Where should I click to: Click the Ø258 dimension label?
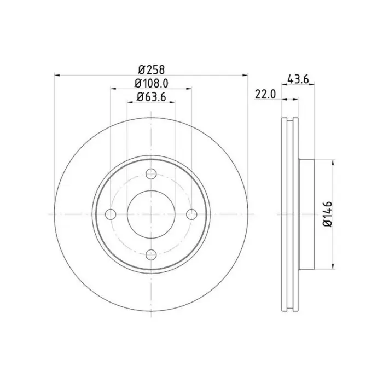[152, 69]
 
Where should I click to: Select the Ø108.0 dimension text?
[152, 84]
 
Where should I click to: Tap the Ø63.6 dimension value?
[152, 97]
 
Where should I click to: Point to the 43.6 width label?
[298, 79]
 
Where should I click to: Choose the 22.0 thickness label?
[265, 94]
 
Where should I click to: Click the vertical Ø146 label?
[327, 214]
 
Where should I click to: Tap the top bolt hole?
[151, 173]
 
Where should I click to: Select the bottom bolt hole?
[151, 255]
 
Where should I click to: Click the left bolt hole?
[111, 214]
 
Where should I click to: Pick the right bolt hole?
[191, 214]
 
